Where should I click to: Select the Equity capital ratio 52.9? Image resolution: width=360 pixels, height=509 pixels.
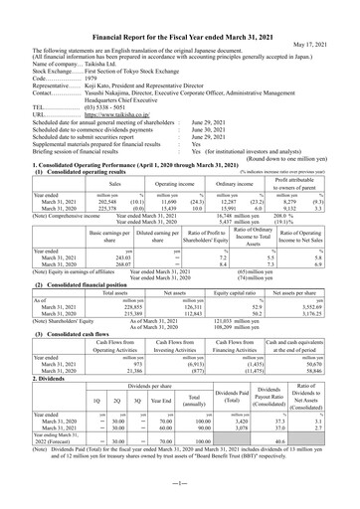(262, 307)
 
